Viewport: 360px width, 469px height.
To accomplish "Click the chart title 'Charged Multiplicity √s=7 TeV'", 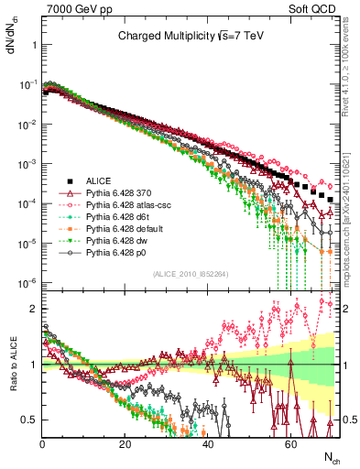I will coord(190,37).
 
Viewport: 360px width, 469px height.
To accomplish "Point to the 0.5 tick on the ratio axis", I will coord(29,420).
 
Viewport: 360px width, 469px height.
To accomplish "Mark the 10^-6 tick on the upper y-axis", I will coord(27,282).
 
